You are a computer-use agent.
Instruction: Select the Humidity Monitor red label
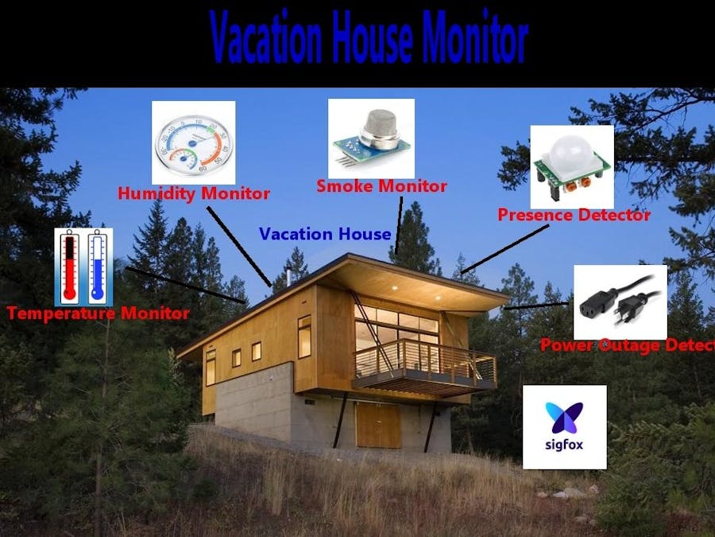click(194, 193)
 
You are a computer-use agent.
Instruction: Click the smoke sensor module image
click(372, 138)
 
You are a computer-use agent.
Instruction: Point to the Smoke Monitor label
click(381, 186)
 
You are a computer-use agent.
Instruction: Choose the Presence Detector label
click(574, 215)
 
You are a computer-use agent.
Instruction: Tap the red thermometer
click(70, 267)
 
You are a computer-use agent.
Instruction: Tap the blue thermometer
click(97, 267)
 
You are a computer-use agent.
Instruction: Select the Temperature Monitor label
click(98, 313)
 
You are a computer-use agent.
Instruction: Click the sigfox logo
click(564, 426)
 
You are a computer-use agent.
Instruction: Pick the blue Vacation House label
click(325, 234)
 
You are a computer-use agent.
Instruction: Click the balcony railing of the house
click(424, 359)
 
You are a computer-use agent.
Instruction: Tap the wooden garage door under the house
click(377, 426)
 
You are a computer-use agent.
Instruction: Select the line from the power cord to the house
click(537, 305)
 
